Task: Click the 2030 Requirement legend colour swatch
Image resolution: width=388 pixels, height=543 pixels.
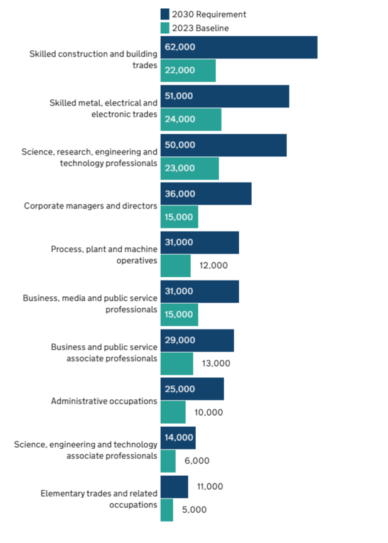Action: click(x=165, y=14)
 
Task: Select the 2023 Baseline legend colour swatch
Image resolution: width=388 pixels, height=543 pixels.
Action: click(x=165, y=28)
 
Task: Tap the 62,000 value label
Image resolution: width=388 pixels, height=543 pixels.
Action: click(x=180, y=47)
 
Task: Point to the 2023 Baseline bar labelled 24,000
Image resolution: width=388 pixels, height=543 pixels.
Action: click(x=191, y=119)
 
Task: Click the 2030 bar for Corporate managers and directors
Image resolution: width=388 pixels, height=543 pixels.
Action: click(x=206, y=193)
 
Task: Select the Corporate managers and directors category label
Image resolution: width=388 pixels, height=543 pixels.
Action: click(x=90, y=205)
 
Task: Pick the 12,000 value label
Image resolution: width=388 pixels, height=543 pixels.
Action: click(x=213, y=266)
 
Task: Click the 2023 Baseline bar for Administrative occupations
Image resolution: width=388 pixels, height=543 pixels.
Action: click(x=173, y=412)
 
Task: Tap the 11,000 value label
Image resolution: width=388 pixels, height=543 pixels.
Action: click(x=209, y=487)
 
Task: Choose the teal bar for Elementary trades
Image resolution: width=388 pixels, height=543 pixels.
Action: click(x=167, y=510)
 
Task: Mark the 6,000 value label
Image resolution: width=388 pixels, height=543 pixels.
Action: click(x=197, y=461)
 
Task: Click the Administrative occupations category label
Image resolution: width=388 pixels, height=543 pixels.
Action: click(x=104, y=401)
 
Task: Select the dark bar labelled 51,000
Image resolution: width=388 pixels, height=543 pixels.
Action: click(x=225, y=97)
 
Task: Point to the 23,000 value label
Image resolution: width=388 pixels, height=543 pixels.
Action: click(x=180, y=168)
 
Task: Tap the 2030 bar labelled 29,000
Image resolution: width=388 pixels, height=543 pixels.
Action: click(x=197, y=340)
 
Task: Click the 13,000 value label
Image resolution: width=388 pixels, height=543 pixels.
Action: click(x=216, y=363)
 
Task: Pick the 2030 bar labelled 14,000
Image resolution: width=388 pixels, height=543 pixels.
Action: click(x=178, y=438)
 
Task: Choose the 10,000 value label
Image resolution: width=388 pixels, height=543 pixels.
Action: click(x=208, y=412)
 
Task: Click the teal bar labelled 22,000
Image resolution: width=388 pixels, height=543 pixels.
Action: click(x=188, y=70)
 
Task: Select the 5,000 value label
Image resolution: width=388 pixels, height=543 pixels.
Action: click(x=194, y=510)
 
